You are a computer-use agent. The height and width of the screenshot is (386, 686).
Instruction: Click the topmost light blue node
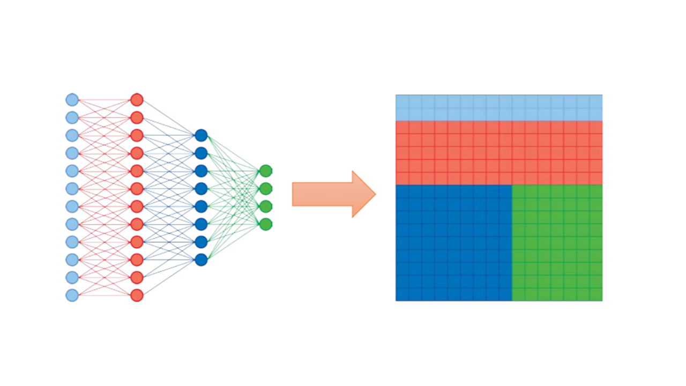click(72, 100)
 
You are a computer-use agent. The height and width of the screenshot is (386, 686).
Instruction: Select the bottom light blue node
click(72, 295)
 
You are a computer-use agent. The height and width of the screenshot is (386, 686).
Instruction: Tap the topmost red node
click(137, 100)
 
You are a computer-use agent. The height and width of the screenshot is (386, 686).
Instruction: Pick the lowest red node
click(137, 295)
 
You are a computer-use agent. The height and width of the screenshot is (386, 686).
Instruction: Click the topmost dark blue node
click(201, 136)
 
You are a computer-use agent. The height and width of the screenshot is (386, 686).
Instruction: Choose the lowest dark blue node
click(201, 260)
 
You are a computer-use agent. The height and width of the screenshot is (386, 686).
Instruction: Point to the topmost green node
click(266, 171)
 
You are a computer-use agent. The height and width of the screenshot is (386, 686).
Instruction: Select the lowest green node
click(266, 224)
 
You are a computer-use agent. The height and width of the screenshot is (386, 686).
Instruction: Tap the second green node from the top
click(266, 189)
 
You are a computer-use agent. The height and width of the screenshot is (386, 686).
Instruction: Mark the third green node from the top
click(266, 206)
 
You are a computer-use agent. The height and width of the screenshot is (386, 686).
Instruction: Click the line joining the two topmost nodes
click(105, 100)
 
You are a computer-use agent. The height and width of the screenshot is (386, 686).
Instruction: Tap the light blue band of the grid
click(499, 108)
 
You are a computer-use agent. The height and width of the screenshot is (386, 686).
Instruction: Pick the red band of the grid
click(499, 153)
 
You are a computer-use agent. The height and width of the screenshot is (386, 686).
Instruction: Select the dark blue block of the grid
click(454, 243)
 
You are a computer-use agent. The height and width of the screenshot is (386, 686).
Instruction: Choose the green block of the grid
click(557, 243)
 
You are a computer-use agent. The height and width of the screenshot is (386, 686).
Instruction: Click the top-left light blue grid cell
click(402, 101)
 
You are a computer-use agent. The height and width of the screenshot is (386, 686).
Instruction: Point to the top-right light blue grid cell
click(596, 101)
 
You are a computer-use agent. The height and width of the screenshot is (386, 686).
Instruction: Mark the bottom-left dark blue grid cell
click(402, 294)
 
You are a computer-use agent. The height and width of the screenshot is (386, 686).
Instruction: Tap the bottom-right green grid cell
click(596, 294)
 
